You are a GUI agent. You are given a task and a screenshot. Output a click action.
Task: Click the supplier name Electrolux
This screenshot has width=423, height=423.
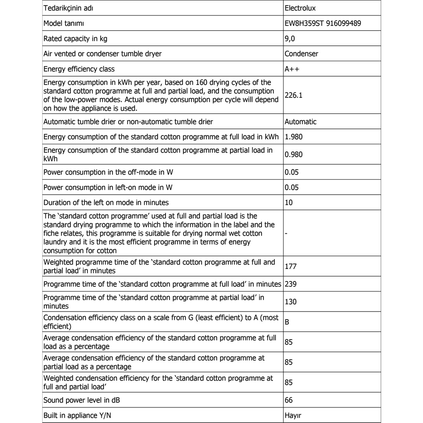[x=300, y=8]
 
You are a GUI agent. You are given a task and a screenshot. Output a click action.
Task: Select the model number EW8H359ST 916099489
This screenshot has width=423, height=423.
[x=323, y=23]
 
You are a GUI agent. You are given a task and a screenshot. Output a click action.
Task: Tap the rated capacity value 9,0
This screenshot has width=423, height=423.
[x=290, y=38]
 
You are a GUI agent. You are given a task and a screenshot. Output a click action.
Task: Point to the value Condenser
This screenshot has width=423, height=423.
[x=301, y=54]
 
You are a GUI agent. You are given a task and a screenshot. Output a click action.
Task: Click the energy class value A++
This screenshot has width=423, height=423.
[x=292, y=69]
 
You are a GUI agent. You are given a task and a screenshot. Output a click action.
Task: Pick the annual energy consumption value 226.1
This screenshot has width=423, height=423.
[x=293, y=95]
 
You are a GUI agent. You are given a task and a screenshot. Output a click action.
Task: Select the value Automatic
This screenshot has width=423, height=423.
[x=301, y=122]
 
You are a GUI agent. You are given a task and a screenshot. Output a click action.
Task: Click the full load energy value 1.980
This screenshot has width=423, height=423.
[x=293, y=137]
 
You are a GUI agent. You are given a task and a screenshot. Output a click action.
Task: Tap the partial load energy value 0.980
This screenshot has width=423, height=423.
[x=293, y=154]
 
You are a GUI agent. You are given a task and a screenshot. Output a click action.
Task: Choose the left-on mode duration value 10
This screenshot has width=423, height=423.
[x=289, y=203]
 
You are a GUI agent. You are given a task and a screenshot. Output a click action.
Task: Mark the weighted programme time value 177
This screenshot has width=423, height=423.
[x=291, y=266]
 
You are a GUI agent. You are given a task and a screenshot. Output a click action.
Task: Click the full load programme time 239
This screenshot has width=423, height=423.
[x=291, y=284]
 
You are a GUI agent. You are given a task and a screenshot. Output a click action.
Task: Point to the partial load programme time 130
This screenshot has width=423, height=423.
[x=291, y=302]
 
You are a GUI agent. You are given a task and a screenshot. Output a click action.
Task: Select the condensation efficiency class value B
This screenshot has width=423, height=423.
[x=287, y=322]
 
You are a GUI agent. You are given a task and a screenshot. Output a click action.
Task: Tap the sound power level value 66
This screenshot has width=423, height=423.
[x=289, y=400]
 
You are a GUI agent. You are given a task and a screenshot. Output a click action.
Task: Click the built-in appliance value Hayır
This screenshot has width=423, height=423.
[x=293, y=416]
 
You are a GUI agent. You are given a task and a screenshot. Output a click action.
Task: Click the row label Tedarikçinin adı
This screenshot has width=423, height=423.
[x=68, y=8]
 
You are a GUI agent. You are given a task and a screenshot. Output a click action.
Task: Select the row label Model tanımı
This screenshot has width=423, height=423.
[x=63, y=23]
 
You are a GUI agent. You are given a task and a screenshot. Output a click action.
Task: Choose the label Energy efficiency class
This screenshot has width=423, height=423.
[x=79, y=69]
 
